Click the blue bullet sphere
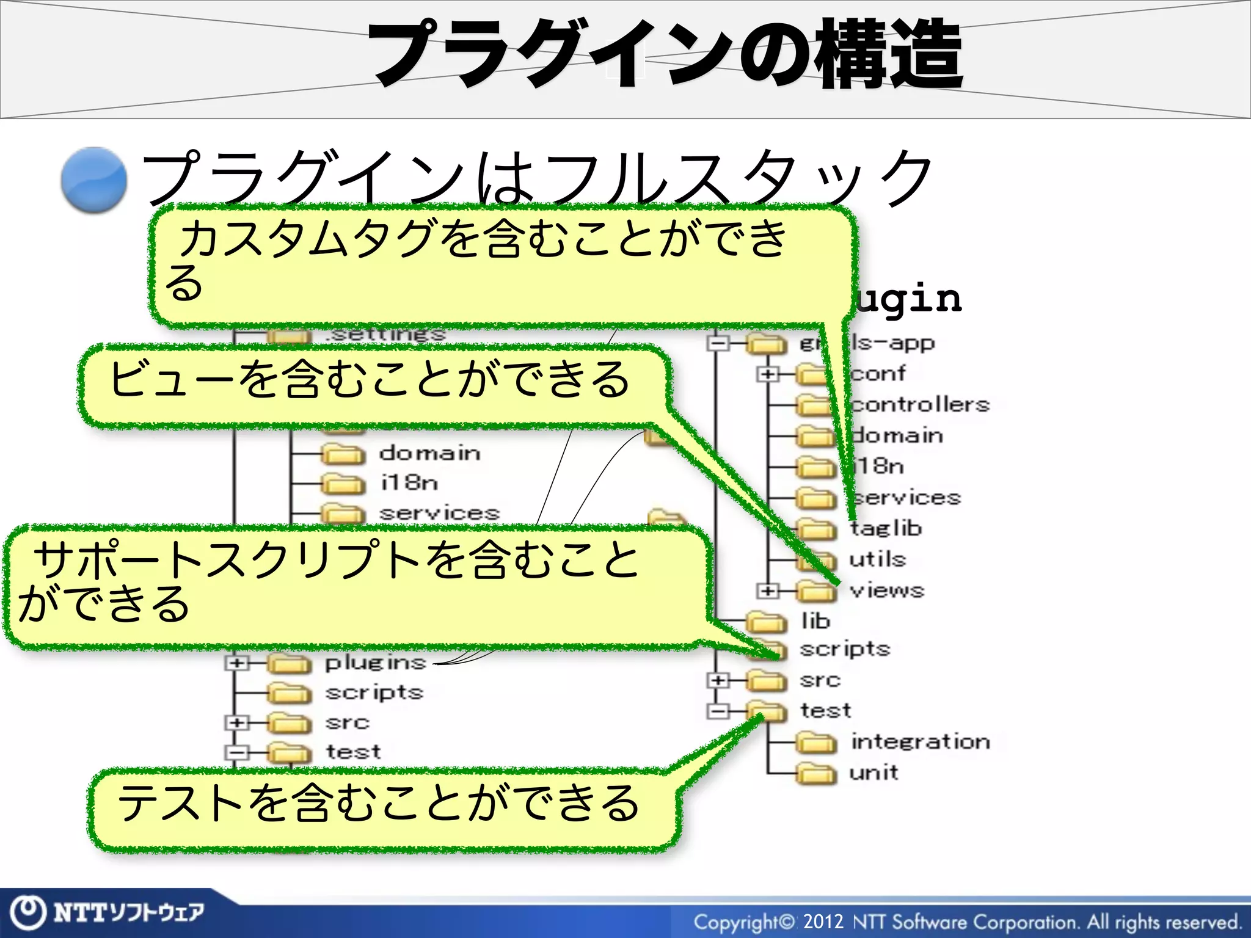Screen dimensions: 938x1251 pyautogui.click(x=94, y=180)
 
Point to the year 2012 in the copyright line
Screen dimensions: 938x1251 pyautogui.click(x=823, y=921)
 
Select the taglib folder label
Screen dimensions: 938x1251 pyautogui.click(x=886, y=528)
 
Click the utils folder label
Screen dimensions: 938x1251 pyautogui.click(x=877, y=559)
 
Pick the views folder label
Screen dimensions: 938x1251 pyautogui.click(x=887, y=591)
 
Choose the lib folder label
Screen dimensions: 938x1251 pyautogui.click(x=815, y=621)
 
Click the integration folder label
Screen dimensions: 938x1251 pyautogui.click(x=920, y=742)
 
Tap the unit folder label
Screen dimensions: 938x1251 pyautogui.click(x=874, y=773)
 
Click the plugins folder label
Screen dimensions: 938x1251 pyautogui.click(x=375, y=663)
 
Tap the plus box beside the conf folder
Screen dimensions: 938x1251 pyautogui.click(x=768, y=373)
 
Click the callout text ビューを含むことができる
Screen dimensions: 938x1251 pyautogui.click(x=369, y=380)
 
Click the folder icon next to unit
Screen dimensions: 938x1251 pyautogui.click(x=815, y=774)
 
